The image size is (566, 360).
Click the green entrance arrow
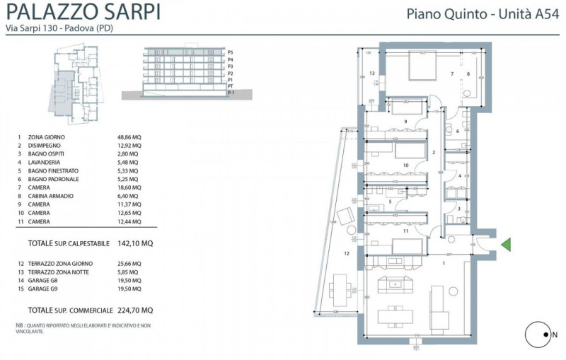point(505,245)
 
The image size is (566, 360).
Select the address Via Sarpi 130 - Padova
point(59,29)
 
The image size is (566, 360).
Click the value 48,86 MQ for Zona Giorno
point(129,137)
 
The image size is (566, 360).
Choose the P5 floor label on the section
point(231,52)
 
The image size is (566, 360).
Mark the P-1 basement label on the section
point(231,93)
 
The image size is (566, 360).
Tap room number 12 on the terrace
point(347,252)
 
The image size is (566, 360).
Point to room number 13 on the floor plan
point(371,73)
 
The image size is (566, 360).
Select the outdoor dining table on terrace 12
point(341,290)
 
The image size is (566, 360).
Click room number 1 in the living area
point(444,262)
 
